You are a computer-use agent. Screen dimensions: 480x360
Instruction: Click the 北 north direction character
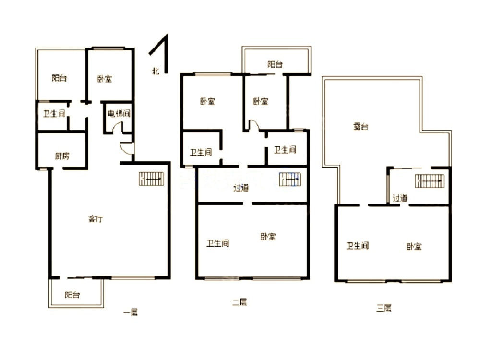[156, 71]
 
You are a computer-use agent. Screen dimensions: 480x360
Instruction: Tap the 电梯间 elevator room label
[119, 114]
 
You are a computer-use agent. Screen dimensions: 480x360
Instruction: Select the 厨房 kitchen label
[62, 156]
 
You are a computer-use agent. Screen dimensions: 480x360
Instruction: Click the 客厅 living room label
[96, 219]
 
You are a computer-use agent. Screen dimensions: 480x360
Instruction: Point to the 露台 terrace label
[361, 126]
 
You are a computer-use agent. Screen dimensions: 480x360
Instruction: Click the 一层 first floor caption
[131, 312]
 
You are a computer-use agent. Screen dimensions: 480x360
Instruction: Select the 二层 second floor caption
[240, 302]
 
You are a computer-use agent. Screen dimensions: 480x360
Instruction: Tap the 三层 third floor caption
[384, 308]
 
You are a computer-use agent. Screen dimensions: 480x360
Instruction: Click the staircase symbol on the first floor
[151, 179]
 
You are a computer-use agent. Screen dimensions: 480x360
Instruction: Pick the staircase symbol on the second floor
[290, 180]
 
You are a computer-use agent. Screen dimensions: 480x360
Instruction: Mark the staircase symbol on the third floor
[430, 181]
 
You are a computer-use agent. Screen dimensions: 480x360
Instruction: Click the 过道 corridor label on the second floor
[241, 188]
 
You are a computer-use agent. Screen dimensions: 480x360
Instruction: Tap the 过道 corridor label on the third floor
[400, 198]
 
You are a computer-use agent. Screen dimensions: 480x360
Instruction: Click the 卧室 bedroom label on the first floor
[105, 79]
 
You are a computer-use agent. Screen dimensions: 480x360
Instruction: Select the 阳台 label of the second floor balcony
[275, 64]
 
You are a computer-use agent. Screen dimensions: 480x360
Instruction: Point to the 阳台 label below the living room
[72, 295]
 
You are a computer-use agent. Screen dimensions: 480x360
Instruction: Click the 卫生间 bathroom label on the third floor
[358, 245]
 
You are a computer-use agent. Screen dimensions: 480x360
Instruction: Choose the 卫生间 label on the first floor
[54, 114]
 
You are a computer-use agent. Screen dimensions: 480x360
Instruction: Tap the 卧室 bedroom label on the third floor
[414, 246]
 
